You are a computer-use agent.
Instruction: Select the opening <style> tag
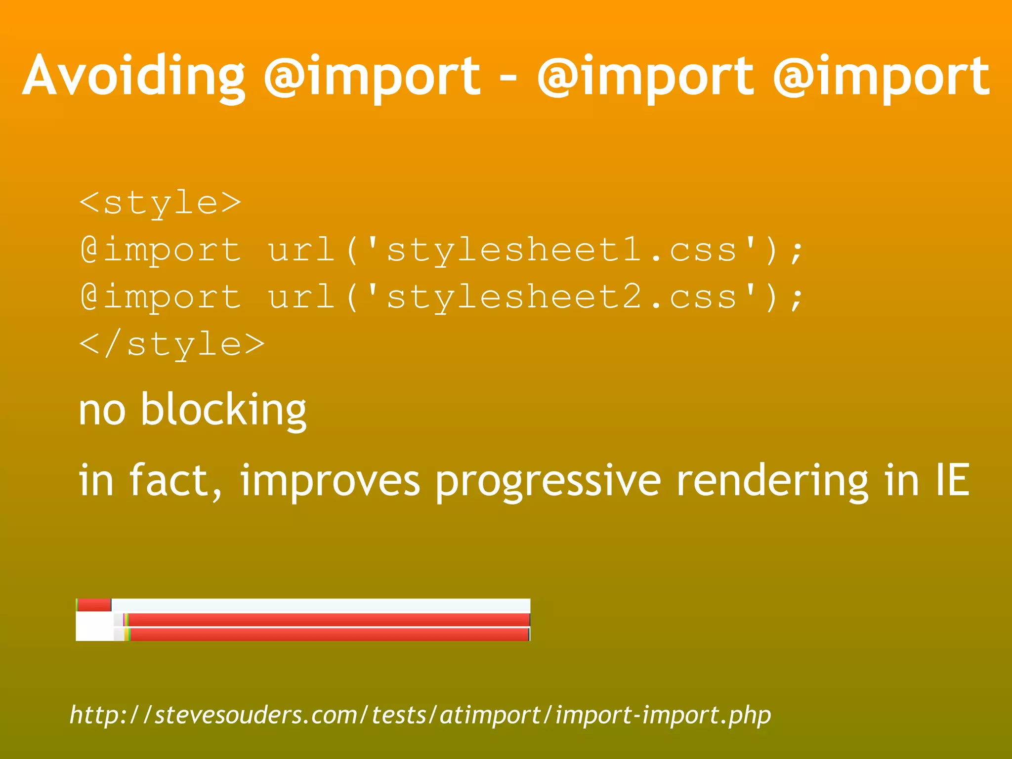coord(160,203)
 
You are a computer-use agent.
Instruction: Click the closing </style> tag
coord(172,344)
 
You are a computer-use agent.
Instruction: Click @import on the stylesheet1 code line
coord(161,250)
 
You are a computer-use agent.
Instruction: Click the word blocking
coord(223,410)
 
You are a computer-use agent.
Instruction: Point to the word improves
coord(330,480)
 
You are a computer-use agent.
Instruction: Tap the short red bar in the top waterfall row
coord(94,605)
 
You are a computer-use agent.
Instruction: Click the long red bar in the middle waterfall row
coord(329,620)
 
